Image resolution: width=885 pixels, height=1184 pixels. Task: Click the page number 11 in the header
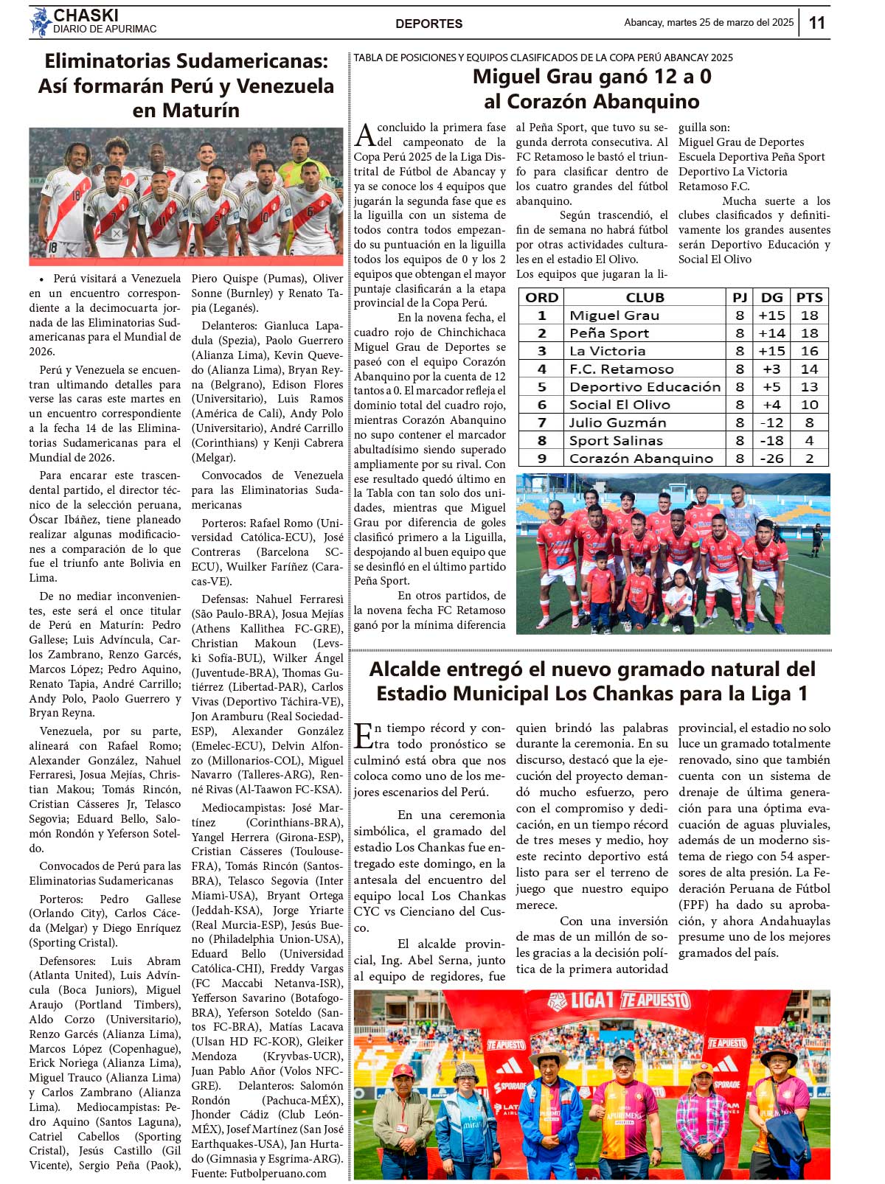(816, 23)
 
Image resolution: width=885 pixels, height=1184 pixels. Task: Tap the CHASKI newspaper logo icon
(40, 22)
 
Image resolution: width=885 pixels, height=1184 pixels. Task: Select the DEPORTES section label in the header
(428, 24)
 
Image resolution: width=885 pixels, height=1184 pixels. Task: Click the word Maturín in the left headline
(203, 111)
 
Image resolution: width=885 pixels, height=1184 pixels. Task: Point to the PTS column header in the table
(809, 297)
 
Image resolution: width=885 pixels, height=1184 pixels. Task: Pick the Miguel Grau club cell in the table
(614, 316)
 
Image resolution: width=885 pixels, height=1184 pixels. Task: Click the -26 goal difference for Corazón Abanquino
(771, 458)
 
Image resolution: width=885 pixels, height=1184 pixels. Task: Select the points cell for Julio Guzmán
(809, 422)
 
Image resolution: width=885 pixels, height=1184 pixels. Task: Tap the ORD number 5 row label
(541, 386)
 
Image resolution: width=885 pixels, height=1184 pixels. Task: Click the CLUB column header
(645, 297)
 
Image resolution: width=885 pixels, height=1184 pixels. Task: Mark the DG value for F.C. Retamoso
(771, 369)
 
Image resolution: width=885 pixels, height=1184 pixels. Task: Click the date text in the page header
(709, 23)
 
